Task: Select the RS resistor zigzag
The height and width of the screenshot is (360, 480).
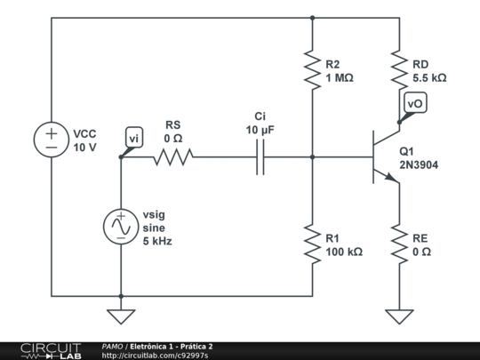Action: (173, 157)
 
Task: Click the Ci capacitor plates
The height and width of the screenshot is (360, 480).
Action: (260, 157)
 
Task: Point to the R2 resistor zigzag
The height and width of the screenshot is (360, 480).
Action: (312, 70)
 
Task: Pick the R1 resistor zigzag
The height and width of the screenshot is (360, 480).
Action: (312, 244)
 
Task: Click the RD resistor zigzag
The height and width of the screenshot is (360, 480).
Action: (399, 70)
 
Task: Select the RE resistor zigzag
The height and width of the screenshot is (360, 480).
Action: (399, 244)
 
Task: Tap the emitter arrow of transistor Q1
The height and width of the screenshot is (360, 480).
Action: (390, 178)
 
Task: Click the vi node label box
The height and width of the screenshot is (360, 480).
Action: (134, 137)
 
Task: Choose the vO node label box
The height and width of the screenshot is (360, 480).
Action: (415, 102)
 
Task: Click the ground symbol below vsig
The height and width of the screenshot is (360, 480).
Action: (121, 316)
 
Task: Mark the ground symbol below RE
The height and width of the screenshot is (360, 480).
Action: (399, 316)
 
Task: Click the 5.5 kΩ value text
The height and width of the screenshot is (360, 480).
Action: (429, 78)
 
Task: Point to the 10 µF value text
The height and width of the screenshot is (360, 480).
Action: (260, 130)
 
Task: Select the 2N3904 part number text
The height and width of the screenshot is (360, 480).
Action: (419, 165)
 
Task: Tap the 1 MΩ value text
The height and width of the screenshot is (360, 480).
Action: (340, 78)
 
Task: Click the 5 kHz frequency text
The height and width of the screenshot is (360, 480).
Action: (157, 241)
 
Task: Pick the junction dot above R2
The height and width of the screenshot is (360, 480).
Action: (312, 18)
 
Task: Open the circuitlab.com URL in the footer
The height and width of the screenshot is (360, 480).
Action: (155, 356)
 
